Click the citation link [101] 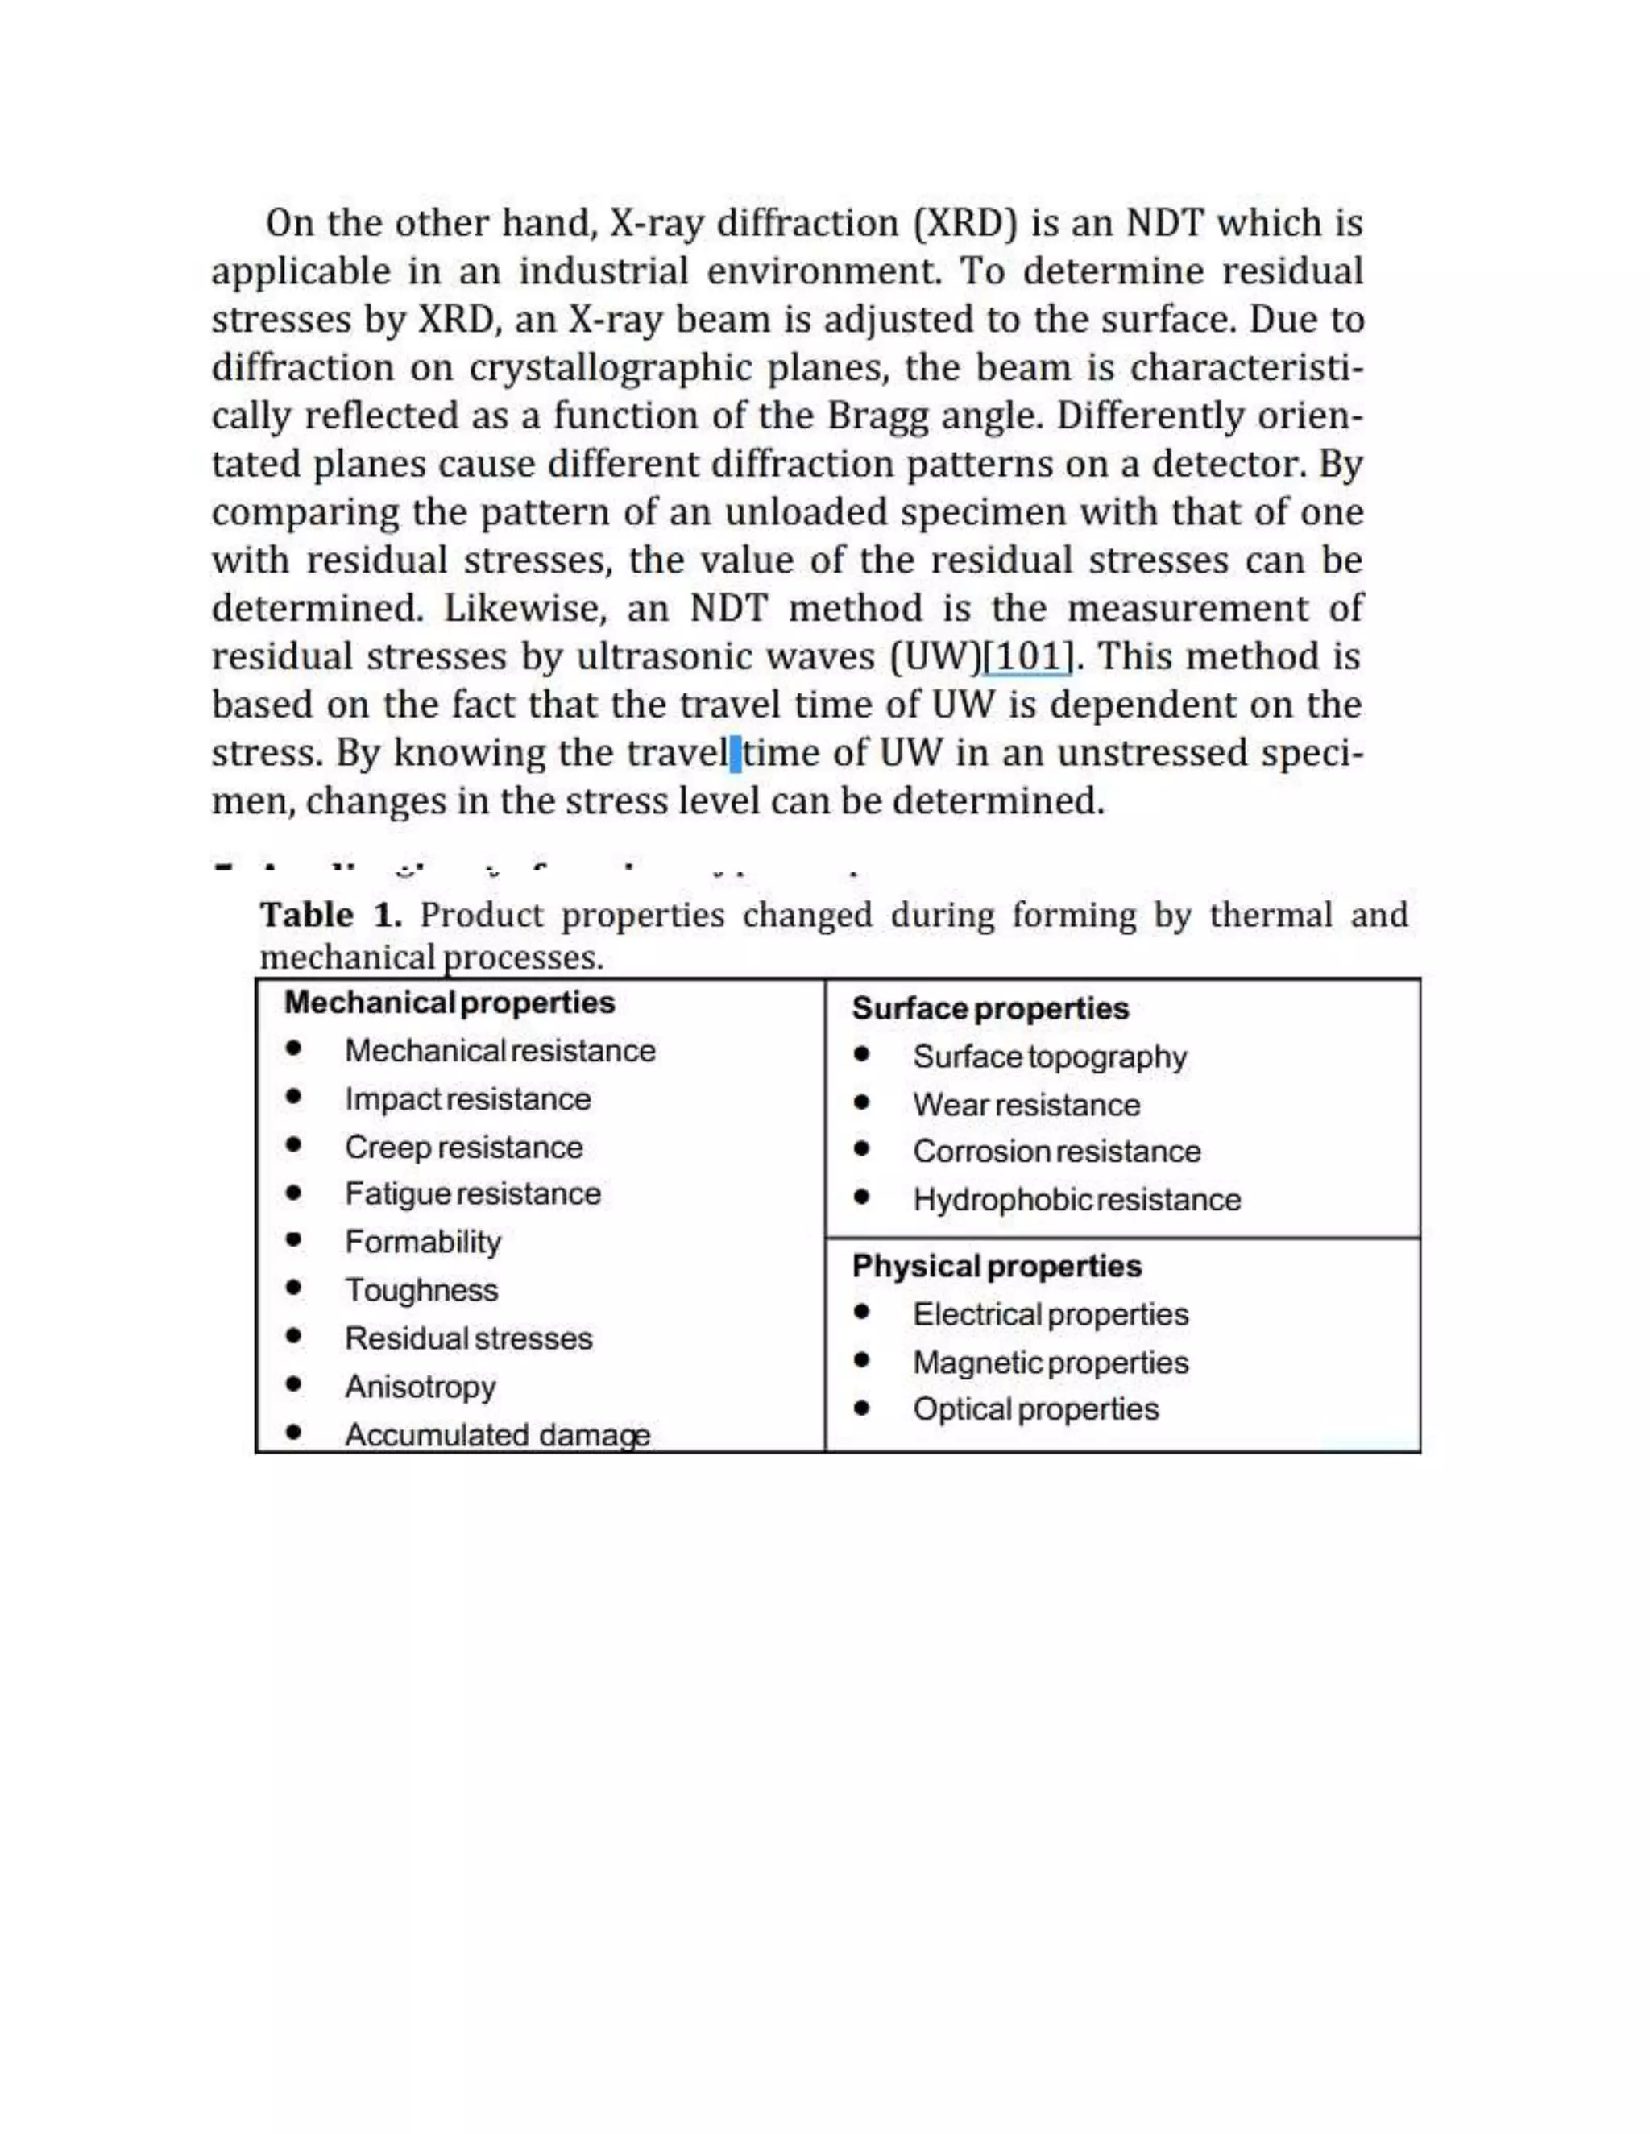1027,656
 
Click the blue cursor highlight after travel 735,754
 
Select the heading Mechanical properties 449,1003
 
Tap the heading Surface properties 989,1008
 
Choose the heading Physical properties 996,1267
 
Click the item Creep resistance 463,1147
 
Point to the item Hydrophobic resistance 1076,1200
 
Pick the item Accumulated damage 496,1434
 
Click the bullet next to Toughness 293,1288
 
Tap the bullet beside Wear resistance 861,1103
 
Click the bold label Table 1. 330,916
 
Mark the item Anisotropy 421,1387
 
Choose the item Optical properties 1035,1409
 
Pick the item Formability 422,1242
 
